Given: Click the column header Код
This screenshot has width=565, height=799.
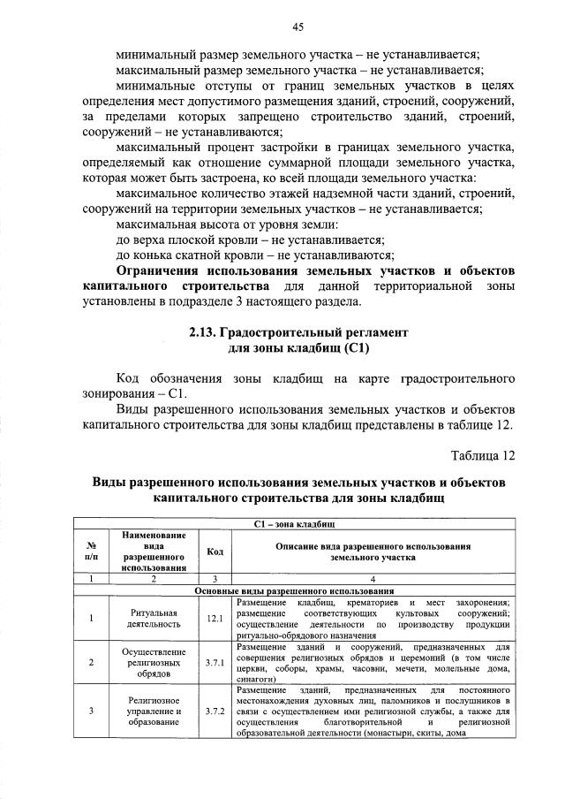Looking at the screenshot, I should coord(214,552).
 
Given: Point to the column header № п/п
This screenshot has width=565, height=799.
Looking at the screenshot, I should coord(91,552).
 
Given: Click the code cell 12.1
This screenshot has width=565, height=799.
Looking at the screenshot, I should coord(214,619).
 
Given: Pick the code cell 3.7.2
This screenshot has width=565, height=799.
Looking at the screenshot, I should coord(214,710).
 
